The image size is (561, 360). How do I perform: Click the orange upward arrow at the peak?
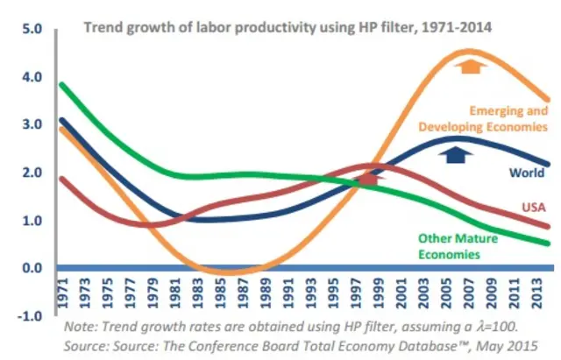click(x=472, y=65)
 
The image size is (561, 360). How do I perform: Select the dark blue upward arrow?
click(x=454, y=154)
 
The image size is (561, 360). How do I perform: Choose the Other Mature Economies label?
click(x=458, y=246)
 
